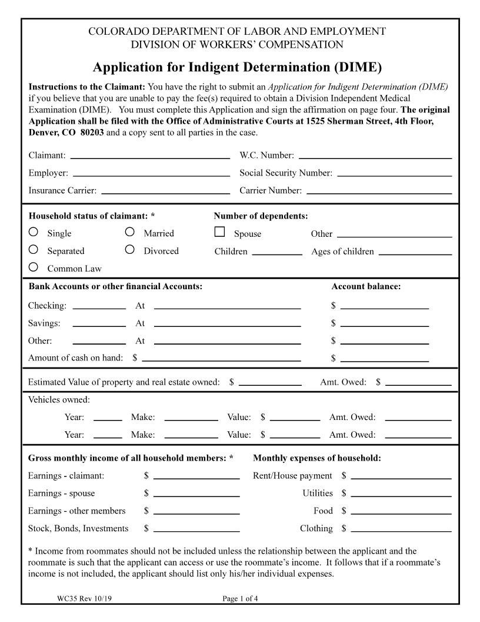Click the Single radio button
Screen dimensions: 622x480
34,232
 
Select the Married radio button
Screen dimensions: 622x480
130,232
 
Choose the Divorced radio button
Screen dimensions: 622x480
130,250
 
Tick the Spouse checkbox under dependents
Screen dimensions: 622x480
220,232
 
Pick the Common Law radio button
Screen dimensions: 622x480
34,267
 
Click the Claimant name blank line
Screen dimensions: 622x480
150,156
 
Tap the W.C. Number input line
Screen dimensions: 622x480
375,156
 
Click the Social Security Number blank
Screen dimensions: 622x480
394,174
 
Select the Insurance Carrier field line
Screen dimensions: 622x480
165,191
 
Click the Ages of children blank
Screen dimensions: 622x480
415,252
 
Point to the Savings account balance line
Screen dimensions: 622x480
384,324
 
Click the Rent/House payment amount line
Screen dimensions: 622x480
401,477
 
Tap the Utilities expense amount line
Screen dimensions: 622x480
401,494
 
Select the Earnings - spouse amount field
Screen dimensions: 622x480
196,494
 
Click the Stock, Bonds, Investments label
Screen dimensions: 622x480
78,528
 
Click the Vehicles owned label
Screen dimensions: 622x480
59,400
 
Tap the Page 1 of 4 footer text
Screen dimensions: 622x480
240,599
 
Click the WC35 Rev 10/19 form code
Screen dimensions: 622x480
82,599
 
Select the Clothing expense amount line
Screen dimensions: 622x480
401,530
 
